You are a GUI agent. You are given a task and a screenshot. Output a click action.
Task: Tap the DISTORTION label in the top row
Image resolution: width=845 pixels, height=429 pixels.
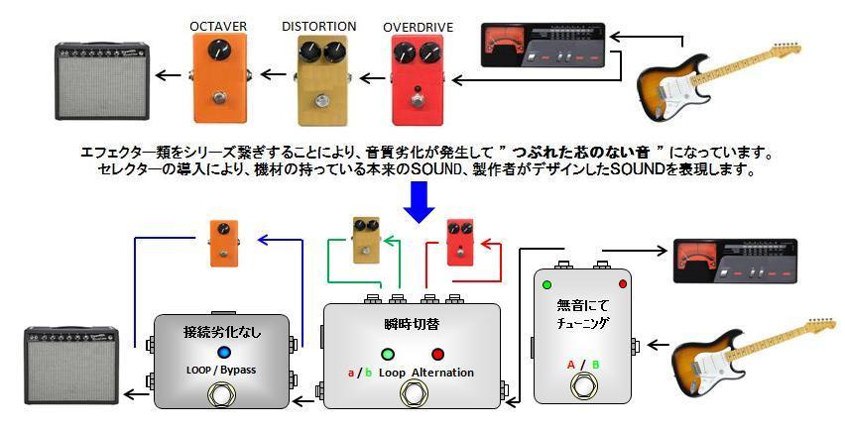coord(318,26)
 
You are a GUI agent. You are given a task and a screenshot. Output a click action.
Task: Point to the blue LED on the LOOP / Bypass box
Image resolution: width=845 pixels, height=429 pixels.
coord(223,353)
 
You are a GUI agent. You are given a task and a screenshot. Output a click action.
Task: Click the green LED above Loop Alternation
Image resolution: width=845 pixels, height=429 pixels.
coord(387,354)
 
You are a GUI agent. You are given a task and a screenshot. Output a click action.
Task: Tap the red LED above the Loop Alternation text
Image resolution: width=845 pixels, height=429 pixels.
coord(437,354)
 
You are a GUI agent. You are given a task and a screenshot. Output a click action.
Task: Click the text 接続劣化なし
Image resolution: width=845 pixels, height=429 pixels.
coord(223,331)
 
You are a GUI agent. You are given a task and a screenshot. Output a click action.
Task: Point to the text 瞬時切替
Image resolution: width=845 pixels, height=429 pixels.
coord(411,324)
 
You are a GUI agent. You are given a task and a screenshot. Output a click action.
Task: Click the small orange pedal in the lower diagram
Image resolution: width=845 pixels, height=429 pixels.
coord(223,244)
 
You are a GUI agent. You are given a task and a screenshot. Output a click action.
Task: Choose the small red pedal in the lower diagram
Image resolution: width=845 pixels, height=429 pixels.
coord(461,242)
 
